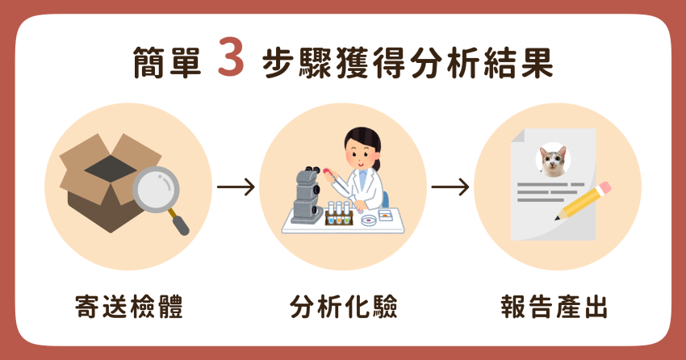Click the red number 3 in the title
231,57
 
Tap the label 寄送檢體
129,307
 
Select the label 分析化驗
344,307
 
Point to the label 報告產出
554,307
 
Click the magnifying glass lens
157,190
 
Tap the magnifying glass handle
179,222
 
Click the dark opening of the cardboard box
111,169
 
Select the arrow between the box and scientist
236,187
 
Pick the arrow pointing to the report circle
450,187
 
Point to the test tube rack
339,215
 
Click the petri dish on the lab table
371,220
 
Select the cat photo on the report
553,160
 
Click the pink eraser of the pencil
604,188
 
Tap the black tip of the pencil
557,218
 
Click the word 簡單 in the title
167,62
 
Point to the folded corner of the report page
518,135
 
